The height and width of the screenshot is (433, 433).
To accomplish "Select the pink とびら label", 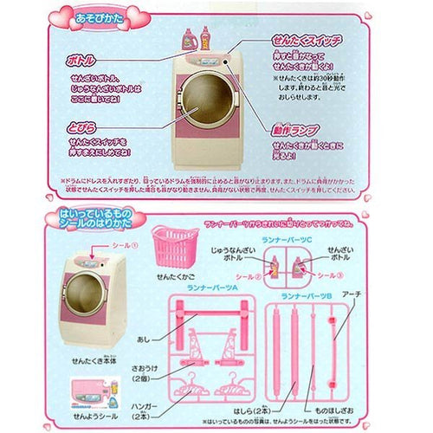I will (80, 125).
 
